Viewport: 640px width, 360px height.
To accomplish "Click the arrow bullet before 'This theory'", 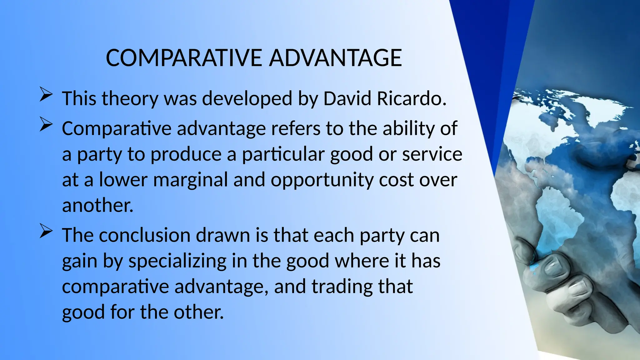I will tap(46, 95).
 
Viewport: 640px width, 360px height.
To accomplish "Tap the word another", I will tap(97, 206).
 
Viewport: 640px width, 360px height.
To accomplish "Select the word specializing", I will tap(177, 262).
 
